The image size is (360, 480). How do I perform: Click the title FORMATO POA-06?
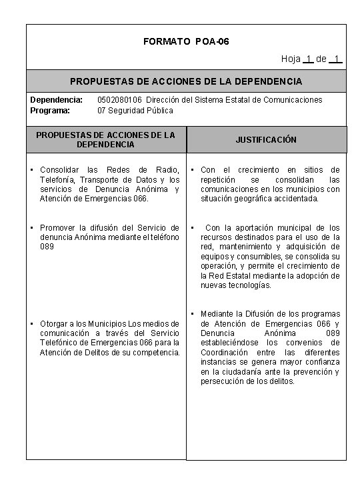pyautogui.click(x=186, y=42)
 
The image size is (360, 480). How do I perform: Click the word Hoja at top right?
pyautogui.click(x=291, y=59)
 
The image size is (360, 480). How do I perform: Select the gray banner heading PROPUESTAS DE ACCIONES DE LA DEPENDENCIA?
pyautogui.click(x=186, y=81)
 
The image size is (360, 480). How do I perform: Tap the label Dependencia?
pyautogui.click(x=57, y=99)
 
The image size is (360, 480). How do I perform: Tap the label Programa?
pyautogui.click(x=50, y=109)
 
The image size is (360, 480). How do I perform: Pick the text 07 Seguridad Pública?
pyautogui.click(x=135, y=109)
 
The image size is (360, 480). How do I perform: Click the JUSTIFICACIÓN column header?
pyautogui.click(x=266, y=140)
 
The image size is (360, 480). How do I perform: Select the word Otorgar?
pyautogui.click(x=56, y=324)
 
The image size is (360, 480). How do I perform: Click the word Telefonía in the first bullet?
pyautogui.click(x=59, y=179)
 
